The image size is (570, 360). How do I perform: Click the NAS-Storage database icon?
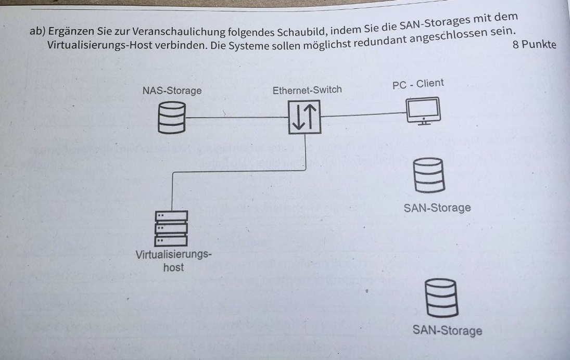pyautogui.click(x=172, y=118)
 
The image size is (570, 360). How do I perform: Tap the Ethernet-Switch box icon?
pyautogui.click(x=305, y=117)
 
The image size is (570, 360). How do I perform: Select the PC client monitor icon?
pyautogui.click(x=423, y=111)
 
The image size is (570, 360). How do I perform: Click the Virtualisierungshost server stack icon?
pyautogui.click(x=171, y=228)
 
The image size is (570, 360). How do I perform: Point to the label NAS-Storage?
pyautogui.click(x=172, y=91)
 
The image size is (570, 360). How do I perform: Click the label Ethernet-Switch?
pyautogui.click(x=307, y=89)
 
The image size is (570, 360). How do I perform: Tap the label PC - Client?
pyautogui.click(x=418, y=84)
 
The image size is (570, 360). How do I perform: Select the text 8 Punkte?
pyautogui.click(x=535, y=44)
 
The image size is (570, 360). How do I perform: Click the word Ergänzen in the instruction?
pyautogui.click(x=71, y=31)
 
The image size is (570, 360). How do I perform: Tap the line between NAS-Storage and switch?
pyautogui.click(x=237, y=118)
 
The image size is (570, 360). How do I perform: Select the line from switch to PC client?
pyautogui.click(x=363, y=115)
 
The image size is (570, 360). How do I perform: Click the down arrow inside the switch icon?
pyautogui.click(x=298, y=117)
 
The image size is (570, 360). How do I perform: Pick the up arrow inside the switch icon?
pyautogui.click(x=310, y=116)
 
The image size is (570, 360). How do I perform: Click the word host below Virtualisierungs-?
pyautogui.click(x=173, y=267)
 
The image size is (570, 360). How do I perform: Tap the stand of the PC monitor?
pyautogui.click(x=424, y=122)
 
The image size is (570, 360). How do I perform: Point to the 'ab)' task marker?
pyautogui.click(x=37, y=31)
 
